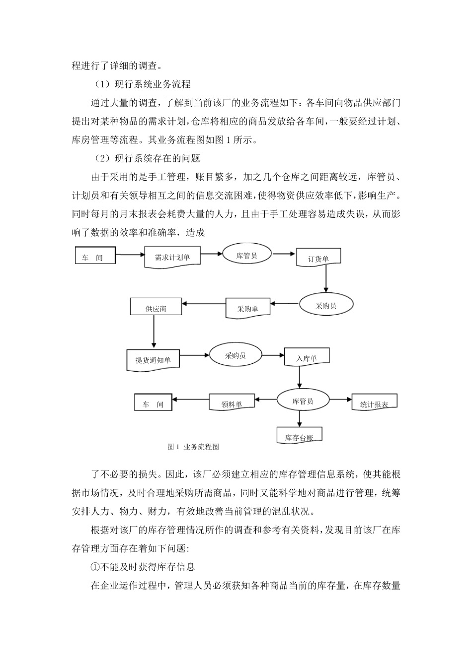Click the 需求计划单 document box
172,257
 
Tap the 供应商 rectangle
156,307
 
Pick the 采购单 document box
248,308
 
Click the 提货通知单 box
153,360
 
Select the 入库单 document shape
307,358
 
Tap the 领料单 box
232,403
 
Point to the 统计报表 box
374,404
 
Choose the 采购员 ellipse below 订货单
326,305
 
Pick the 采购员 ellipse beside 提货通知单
236,355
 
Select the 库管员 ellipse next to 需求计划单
247,255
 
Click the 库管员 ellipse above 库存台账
303,400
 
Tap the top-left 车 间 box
95,257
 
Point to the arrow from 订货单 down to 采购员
326,278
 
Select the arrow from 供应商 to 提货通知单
154,332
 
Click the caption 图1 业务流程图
194,447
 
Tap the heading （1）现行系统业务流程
142,84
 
